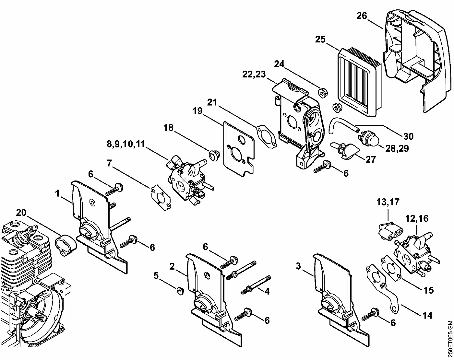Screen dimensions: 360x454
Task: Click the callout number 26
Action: point(362,16)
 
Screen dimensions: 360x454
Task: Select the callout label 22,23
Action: point(254,74)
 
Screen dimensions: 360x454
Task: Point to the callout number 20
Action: point(21,213)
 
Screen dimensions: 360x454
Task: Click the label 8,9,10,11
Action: point(126,144)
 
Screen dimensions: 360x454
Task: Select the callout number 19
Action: point(197,111)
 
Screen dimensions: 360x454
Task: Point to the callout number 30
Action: point(408,136)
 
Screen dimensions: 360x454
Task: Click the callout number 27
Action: point(370,159)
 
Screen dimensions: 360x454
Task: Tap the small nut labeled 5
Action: point(179,290)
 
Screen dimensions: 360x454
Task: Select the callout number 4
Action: point(267,291)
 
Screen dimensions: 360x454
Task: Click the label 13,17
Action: point(388,202)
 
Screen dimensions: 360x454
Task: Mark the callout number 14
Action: point(427,315)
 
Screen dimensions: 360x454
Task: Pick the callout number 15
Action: point(428,290)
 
